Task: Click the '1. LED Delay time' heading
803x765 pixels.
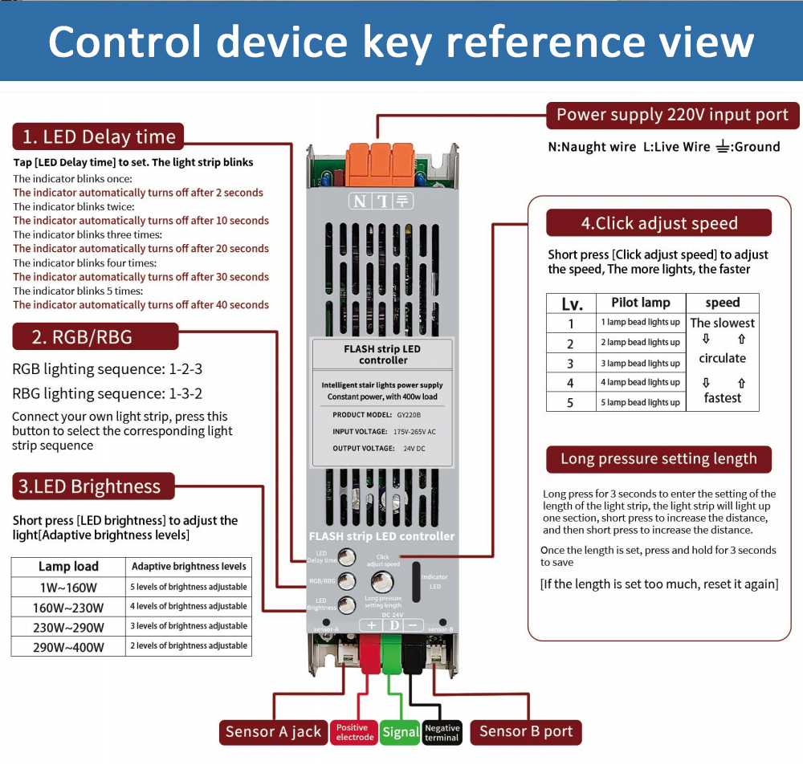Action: [x=98, y=136]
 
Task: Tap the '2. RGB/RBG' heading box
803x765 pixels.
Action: [x=95, y=337]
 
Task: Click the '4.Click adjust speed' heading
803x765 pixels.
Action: [x=658, y=223]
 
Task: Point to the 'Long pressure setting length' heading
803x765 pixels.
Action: [x=658, y=459]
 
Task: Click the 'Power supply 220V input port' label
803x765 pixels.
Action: [x=672, y=115]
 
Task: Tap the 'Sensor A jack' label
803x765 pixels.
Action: [x=273, y=731]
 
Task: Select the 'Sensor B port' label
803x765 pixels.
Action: [x=526, y=731]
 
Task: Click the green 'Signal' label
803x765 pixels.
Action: [x=400, y=732]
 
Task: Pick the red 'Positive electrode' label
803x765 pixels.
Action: [x=354, y=732]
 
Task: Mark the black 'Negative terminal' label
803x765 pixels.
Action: [x=442, y=732]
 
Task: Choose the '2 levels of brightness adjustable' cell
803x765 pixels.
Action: [x=189, y=646]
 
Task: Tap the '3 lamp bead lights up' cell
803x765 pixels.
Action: [x=640, y=363]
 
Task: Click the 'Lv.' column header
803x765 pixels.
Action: [x=572, y=303]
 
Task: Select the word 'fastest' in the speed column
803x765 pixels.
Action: [x=723, y=398]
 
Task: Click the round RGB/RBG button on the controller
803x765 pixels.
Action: [x=347, y=580]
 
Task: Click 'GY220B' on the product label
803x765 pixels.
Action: [x=408, y=415]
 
